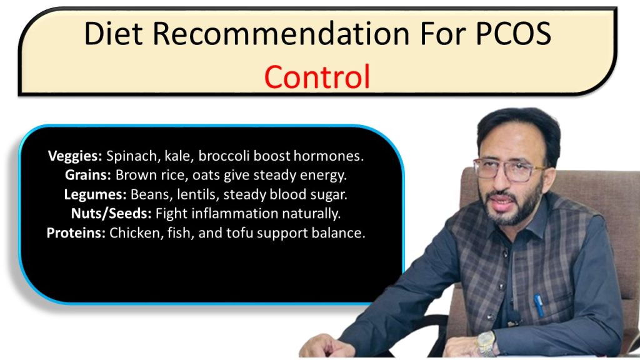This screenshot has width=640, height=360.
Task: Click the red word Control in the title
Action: click(317, 76)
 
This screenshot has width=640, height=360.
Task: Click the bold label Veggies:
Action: click(75, 156)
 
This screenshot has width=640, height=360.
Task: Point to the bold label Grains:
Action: click(88, 176)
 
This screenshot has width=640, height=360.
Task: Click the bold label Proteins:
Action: click(76, 233)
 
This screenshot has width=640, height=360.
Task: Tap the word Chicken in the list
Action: click(132, 233)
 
